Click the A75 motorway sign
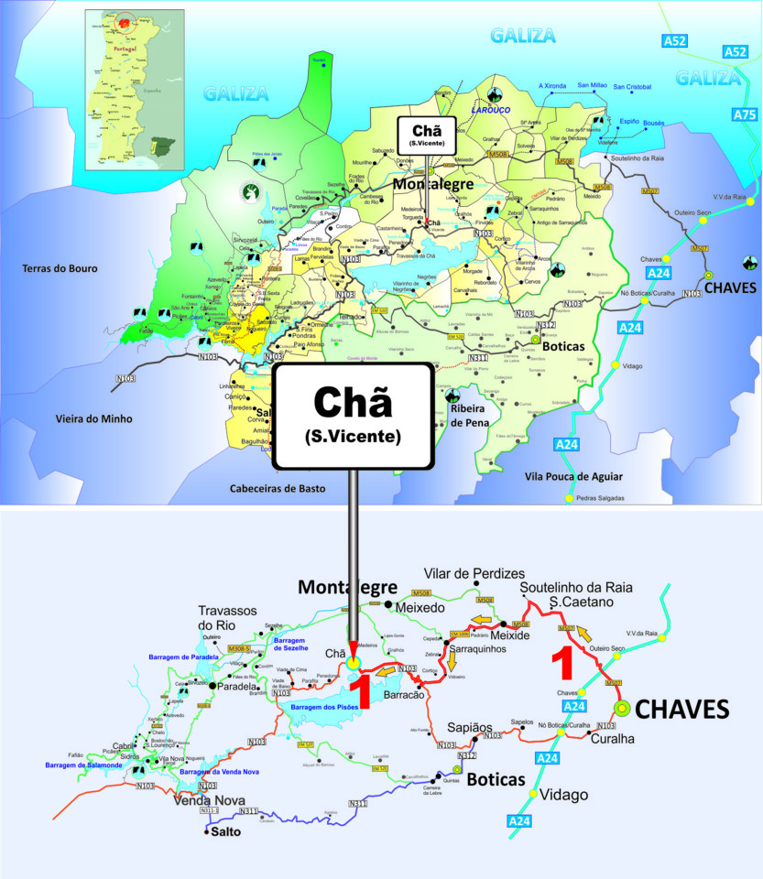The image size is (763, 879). (745, 114)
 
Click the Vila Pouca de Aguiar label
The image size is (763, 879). (573, 476)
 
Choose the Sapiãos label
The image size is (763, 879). (470, 727)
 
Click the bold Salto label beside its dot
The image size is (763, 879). (226, 832)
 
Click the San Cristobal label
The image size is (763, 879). (632, 87)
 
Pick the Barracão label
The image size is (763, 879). (404, 695)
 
